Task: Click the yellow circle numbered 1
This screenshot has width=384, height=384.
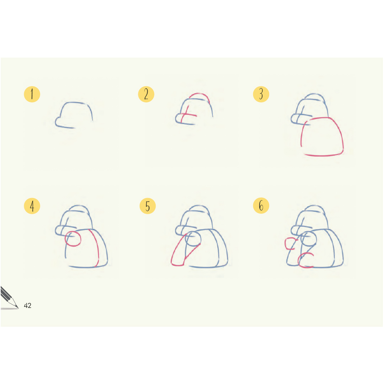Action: coord(32,94)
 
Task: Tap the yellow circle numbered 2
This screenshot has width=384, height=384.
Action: coord(146,94)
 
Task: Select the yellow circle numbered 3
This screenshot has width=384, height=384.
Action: coord(261,94)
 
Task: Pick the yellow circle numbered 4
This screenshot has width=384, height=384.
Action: coord(32,206)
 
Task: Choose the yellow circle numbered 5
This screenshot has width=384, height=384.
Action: coord(148,206)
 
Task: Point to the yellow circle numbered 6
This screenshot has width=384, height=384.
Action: coord(261,206)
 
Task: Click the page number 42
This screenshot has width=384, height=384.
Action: coord(27,306)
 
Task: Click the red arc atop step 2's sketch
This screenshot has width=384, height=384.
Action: coord(199,94)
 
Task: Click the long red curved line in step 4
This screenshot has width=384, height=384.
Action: coord(97,245)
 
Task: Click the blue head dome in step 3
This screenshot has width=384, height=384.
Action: coord(314,94)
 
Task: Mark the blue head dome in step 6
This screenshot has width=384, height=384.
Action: coord(314,206)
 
